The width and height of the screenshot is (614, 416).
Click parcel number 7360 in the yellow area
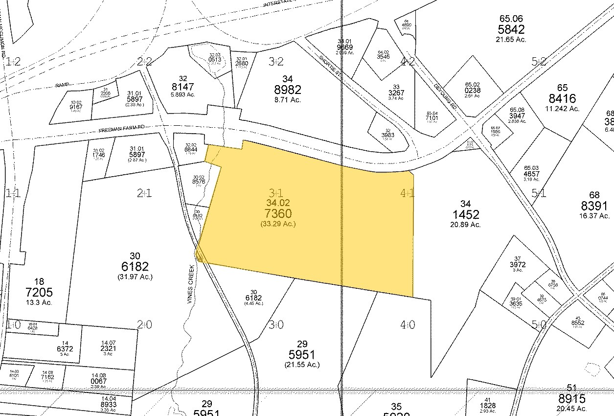(278, 213)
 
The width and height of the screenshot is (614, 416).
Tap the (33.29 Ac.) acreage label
(278, 224)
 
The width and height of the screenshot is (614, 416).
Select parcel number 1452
(465, 214)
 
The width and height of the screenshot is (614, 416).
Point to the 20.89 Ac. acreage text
(465, 225)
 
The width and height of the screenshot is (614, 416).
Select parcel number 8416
(562, 98)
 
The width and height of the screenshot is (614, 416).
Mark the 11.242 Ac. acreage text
(562, 109)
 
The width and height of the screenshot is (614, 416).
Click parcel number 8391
(594, 206)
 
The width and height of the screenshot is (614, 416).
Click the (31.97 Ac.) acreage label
(136, 277)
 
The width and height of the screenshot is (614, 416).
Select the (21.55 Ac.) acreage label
(301, 365)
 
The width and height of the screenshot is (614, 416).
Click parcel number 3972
(518, 265)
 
